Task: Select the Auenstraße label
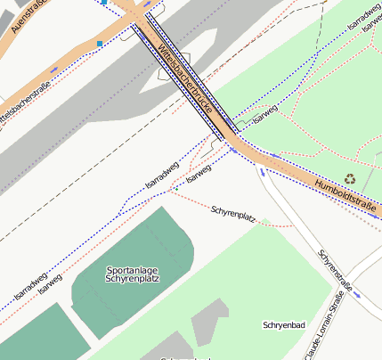pyautogui.click(x=29, y=16)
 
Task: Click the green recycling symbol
pyautogui.click(x=350, y=178)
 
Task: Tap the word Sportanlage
pyautogui.click(x=132, y=269)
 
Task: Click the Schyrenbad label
pyautogui.click(x=285, y=325)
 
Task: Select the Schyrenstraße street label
pyautogui.click(x=337, y=270)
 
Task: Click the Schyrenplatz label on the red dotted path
pyautogui.click(x=233, y=214)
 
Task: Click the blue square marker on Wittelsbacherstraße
pyautogui.click(x=100, y=43)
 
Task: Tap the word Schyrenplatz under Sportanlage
pyautogui.click(x=133, y=279)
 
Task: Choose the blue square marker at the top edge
pyautogui.click(x=105, y=3)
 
